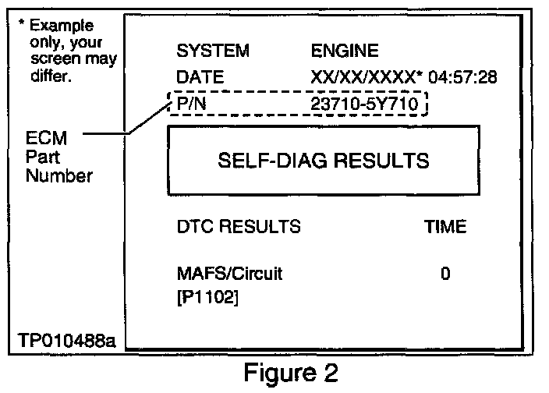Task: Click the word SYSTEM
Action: (213, 51)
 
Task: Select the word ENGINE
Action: (344, 51)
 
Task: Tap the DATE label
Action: (200, 77)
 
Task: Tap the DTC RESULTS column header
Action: (239, 227)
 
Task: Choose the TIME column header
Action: (445, 227)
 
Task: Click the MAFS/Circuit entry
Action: (229, 274)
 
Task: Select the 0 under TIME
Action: (445, 274)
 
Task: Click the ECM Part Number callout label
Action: (58, 158)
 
